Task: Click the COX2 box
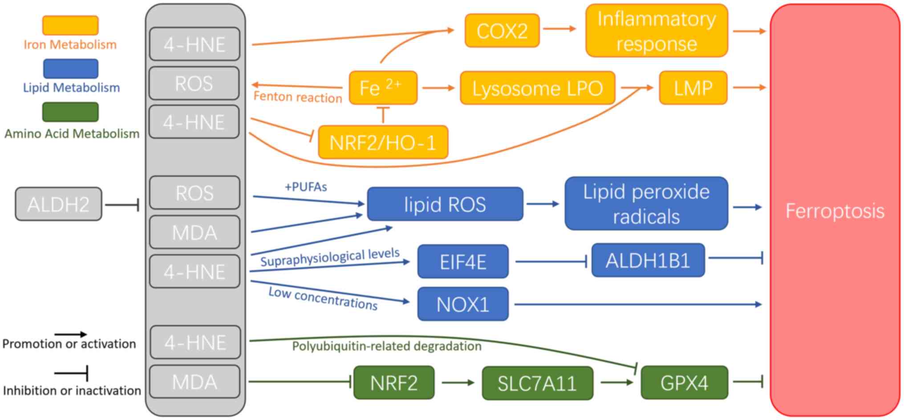(502, 31)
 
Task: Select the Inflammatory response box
(657, 31)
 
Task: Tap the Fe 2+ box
(383, 88)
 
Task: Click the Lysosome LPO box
(537, 88)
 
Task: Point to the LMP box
(693, 88)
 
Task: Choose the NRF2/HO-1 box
(383, 142)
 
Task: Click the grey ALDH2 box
(58, 204)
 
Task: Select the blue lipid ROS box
(445, 204)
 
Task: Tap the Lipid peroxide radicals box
(646, 204)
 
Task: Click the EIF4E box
(462, 262)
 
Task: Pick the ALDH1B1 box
(648, 260)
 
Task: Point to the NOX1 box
(462, 304)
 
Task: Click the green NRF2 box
(393, 383)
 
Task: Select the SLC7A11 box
(537, 383)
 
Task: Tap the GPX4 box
(684, 383)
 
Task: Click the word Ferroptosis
(835, 211)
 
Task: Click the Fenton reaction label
(297, 97)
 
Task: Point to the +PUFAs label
(306, 187)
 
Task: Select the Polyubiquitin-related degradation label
(386, 346)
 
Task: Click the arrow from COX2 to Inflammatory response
(559, 29)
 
